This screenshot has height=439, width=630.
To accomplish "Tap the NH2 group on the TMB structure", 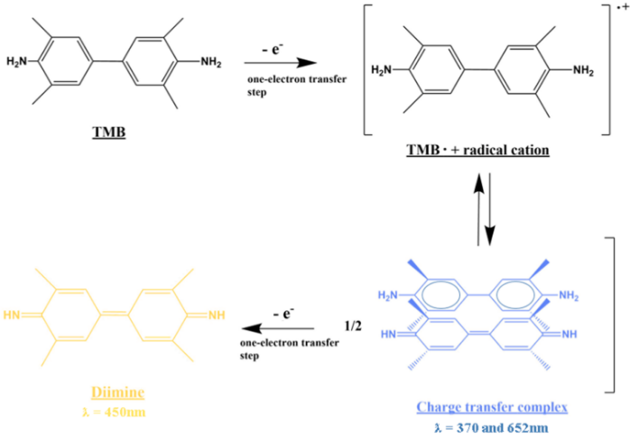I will (210, 62).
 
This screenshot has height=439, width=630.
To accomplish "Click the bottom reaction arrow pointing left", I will (281, 329).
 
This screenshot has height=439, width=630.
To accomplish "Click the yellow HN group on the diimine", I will (14, 316).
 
